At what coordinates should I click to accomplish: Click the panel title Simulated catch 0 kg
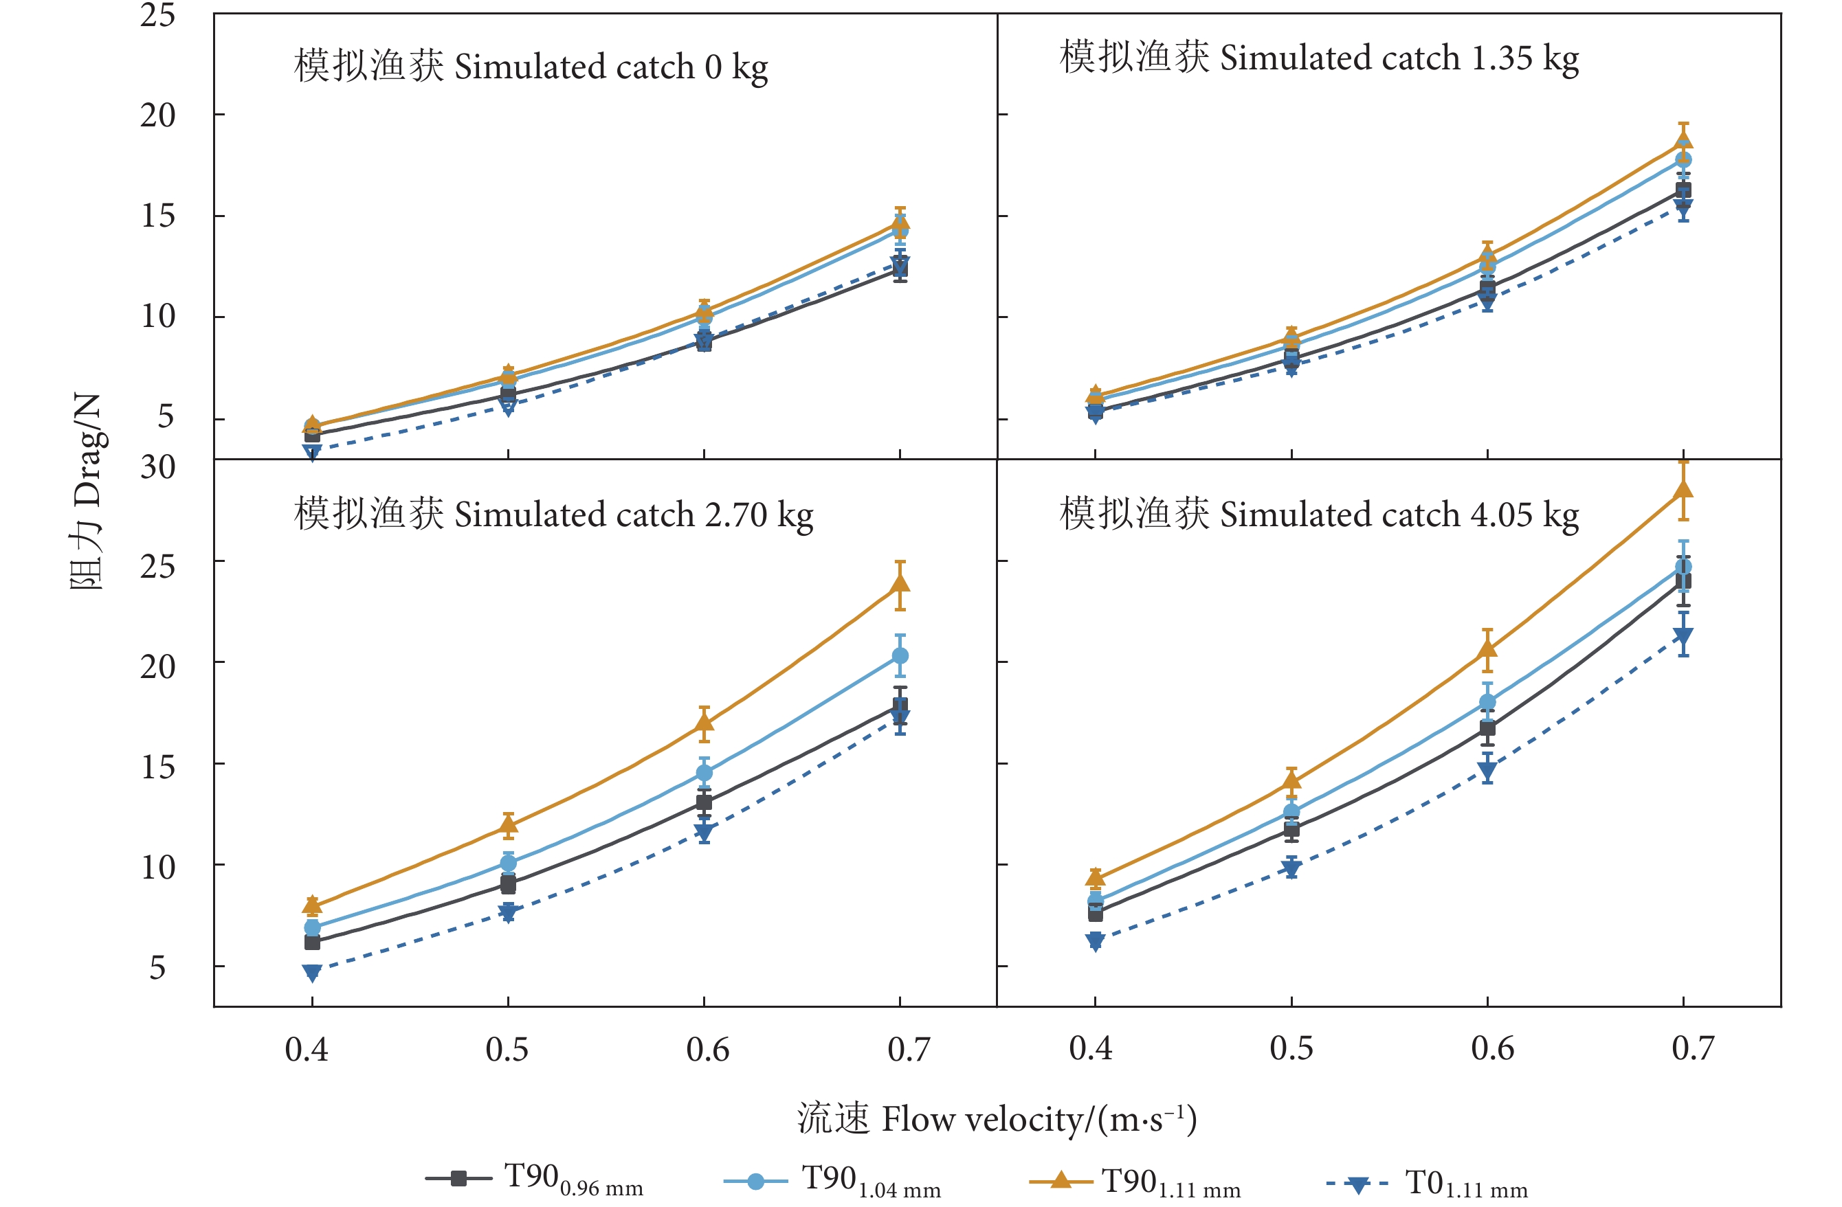point(531,67)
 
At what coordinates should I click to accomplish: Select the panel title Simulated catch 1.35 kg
point(1319,58)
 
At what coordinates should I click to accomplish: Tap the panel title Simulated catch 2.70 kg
point(553,515)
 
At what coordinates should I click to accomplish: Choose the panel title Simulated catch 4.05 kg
point(1319,515)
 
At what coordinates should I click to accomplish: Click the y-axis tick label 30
point(158,467)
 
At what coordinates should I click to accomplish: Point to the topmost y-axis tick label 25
point(158,16)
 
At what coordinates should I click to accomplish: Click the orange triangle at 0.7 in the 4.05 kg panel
point(1683,489)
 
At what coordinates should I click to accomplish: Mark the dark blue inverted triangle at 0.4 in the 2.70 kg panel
point(312,973)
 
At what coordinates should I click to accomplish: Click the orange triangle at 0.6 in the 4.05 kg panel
point(1487,649)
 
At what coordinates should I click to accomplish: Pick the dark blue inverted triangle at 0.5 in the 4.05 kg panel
point(1291,868)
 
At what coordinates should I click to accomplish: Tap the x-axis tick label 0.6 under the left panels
point(707,1050)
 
